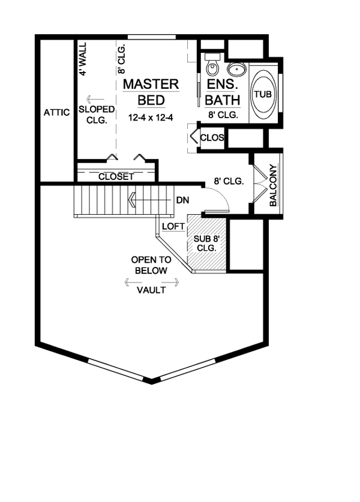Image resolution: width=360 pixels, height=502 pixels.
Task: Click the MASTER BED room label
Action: (151, 91)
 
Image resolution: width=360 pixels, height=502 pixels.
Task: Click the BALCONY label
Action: (272, 186)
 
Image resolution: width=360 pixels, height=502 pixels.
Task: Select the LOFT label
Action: (173, 227)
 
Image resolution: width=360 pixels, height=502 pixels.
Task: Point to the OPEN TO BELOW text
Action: (151, 265)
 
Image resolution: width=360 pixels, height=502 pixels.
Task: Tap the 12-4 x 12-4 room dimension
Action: (151, 118)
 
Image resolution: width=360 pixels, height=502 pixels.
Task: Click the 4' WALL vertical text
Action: (83, 58)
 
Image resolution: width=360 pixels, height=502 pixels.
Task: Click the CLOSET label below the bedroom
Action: (116, 177)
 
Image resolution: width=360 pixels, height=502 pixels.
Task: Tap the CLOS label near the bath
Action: (212, 138)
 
